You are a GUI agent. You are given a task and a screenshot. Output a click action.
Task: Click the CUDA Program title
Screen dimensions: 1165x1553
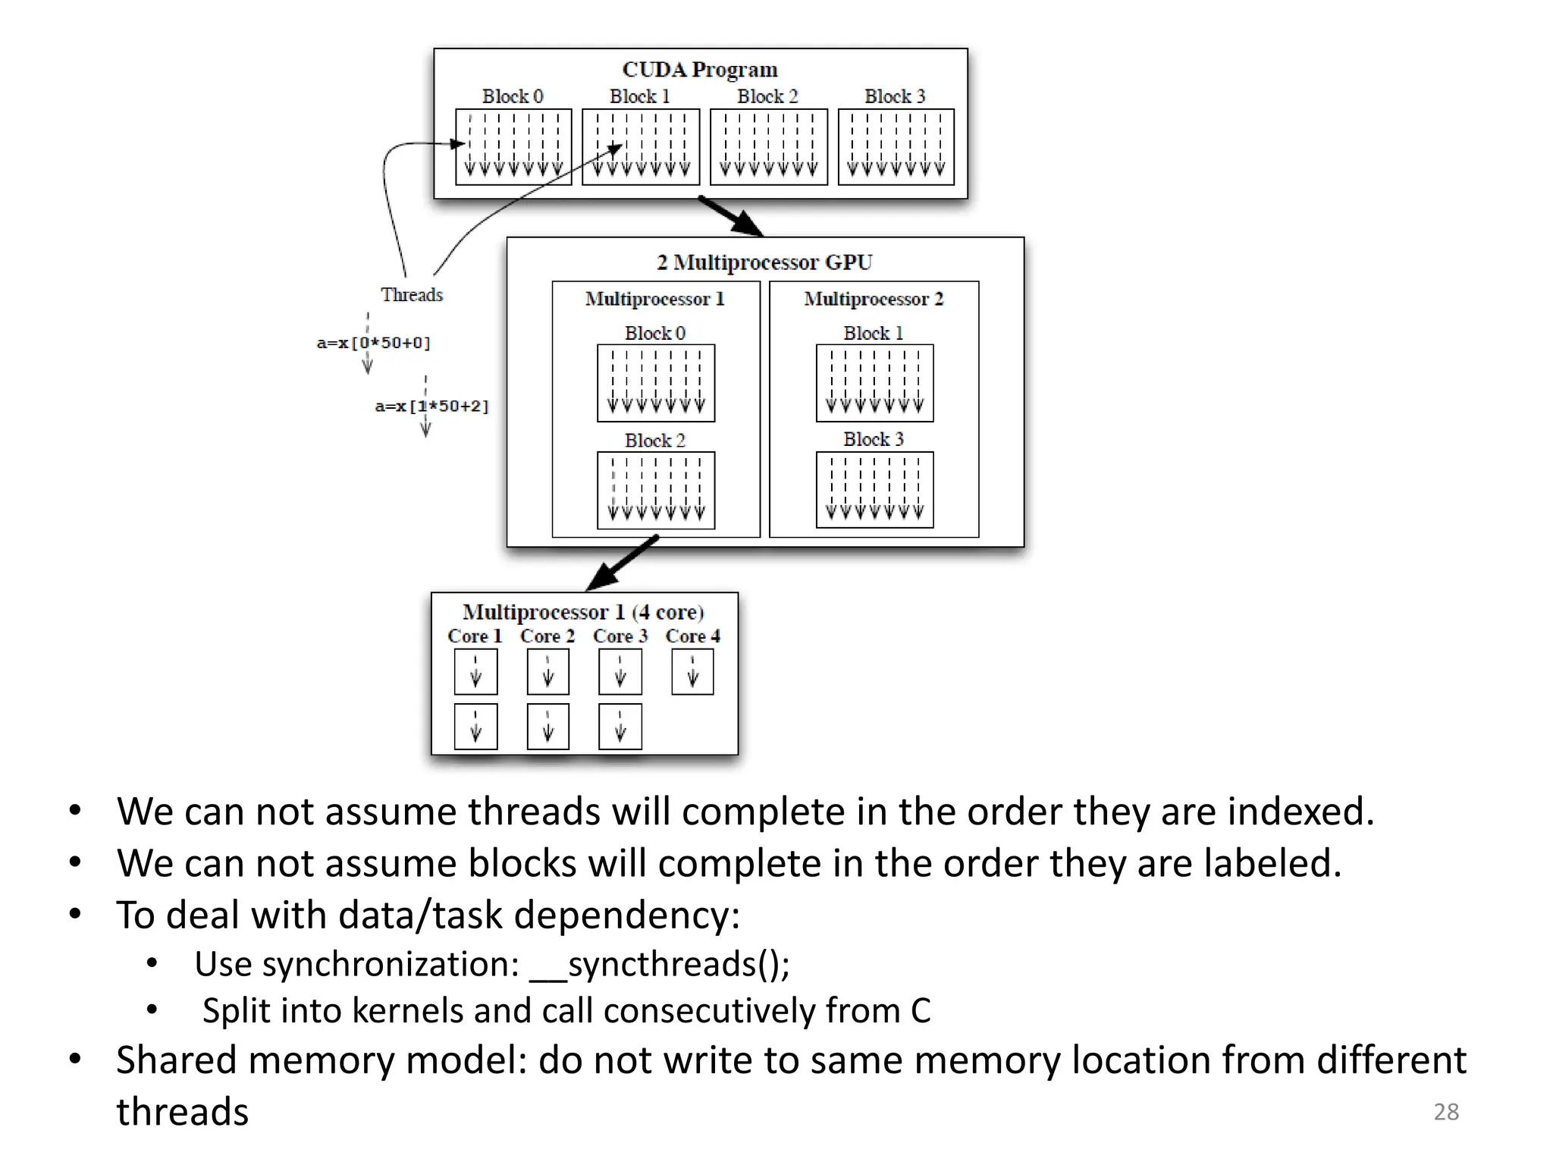click(x=699, y=70)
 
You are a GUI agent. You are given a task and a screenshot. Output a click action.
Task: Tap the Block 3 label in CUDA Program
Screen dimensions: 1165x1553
click(x=895, y=96)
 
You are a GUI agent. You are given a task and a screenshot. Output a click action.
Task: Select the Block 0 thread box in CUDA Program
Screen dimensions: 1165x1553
click(x=513, y=146)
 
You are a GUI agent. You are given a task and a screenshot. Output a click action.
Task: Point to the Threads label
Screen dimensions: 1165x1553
click(x=411, y=295)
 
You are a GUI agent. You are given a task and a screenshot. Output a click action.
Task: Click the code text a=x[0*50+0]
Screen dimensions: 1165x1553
click(x=373, y=343)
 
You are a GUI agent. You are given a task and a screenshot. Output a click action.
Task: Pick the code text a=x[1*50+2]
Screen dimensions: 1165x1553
click(x=431, y=407)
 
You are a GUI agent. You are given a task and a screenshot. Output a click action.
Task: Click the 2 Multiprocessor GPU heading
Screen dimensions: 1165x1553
click(x=764, y=262)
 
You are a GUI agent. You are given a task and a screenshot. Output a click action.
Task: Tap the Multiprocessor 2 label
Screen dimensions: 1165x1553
click(x=874, y=299)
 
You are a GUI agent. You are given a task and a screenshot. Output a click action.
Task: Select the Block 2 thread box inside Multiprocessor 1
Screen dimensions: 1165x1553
click(x=656, y=490)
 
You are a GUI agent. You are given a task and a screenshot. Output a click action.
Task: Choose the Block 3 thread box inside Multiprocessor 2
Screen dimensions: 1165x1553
click(x=874, y=489)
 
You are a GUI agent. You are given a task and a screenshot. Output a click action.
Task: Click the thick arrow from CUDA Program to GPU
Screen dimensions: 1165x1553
click(x=731, y=216)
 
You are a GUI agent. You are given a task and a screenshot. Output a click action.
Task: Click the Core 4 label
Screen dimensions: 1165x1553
click(x=692, y=636)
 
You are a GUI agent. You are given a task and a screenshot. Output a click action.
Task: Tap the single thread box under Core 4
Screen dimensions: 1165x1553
click(x=692, y=672)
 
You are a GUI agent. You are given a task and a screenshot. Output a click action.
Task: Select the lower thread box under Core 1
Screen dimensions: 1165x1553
click(x=475, y=727)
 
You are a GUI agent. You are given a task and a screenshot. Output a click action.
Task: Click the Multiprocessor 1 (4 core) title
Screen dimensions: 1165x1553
click(x=582, y=612)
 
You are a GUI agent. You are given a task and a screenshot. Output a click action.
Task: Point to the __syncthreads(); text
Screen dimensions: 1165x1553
click(x=660, y=965)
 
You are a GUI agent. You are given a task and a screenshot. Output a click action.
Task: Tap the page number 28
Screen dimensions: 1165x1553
click(x=1445, y=1112)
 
